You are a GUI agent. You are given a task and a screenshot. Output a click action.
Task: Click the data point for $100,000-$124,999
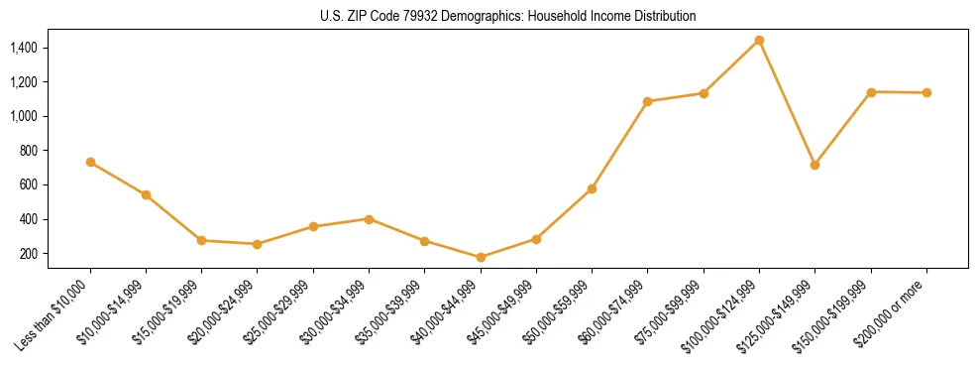759,41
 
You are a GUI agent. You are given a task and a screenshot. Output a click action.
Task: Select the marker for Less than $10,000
90,162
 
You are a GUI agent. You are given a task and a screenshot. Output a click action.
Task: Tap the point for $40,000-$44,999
481,257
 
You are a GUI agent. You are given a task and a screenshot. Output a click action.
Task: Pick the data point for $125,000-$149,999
815,165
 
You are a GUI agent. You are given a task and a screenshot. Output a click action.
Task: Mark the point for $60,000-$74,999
647,101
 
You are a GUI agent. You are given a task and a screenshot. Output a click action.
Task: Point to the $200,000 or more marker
926,93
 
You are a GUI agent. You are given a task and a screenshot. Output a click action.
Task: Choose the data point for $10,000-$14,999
146,194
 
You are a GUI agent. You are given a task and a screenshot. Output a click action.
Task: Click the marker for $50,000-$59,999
592,188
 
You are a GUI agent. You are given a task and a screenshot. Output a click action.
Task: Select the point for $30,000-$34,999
369,219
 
